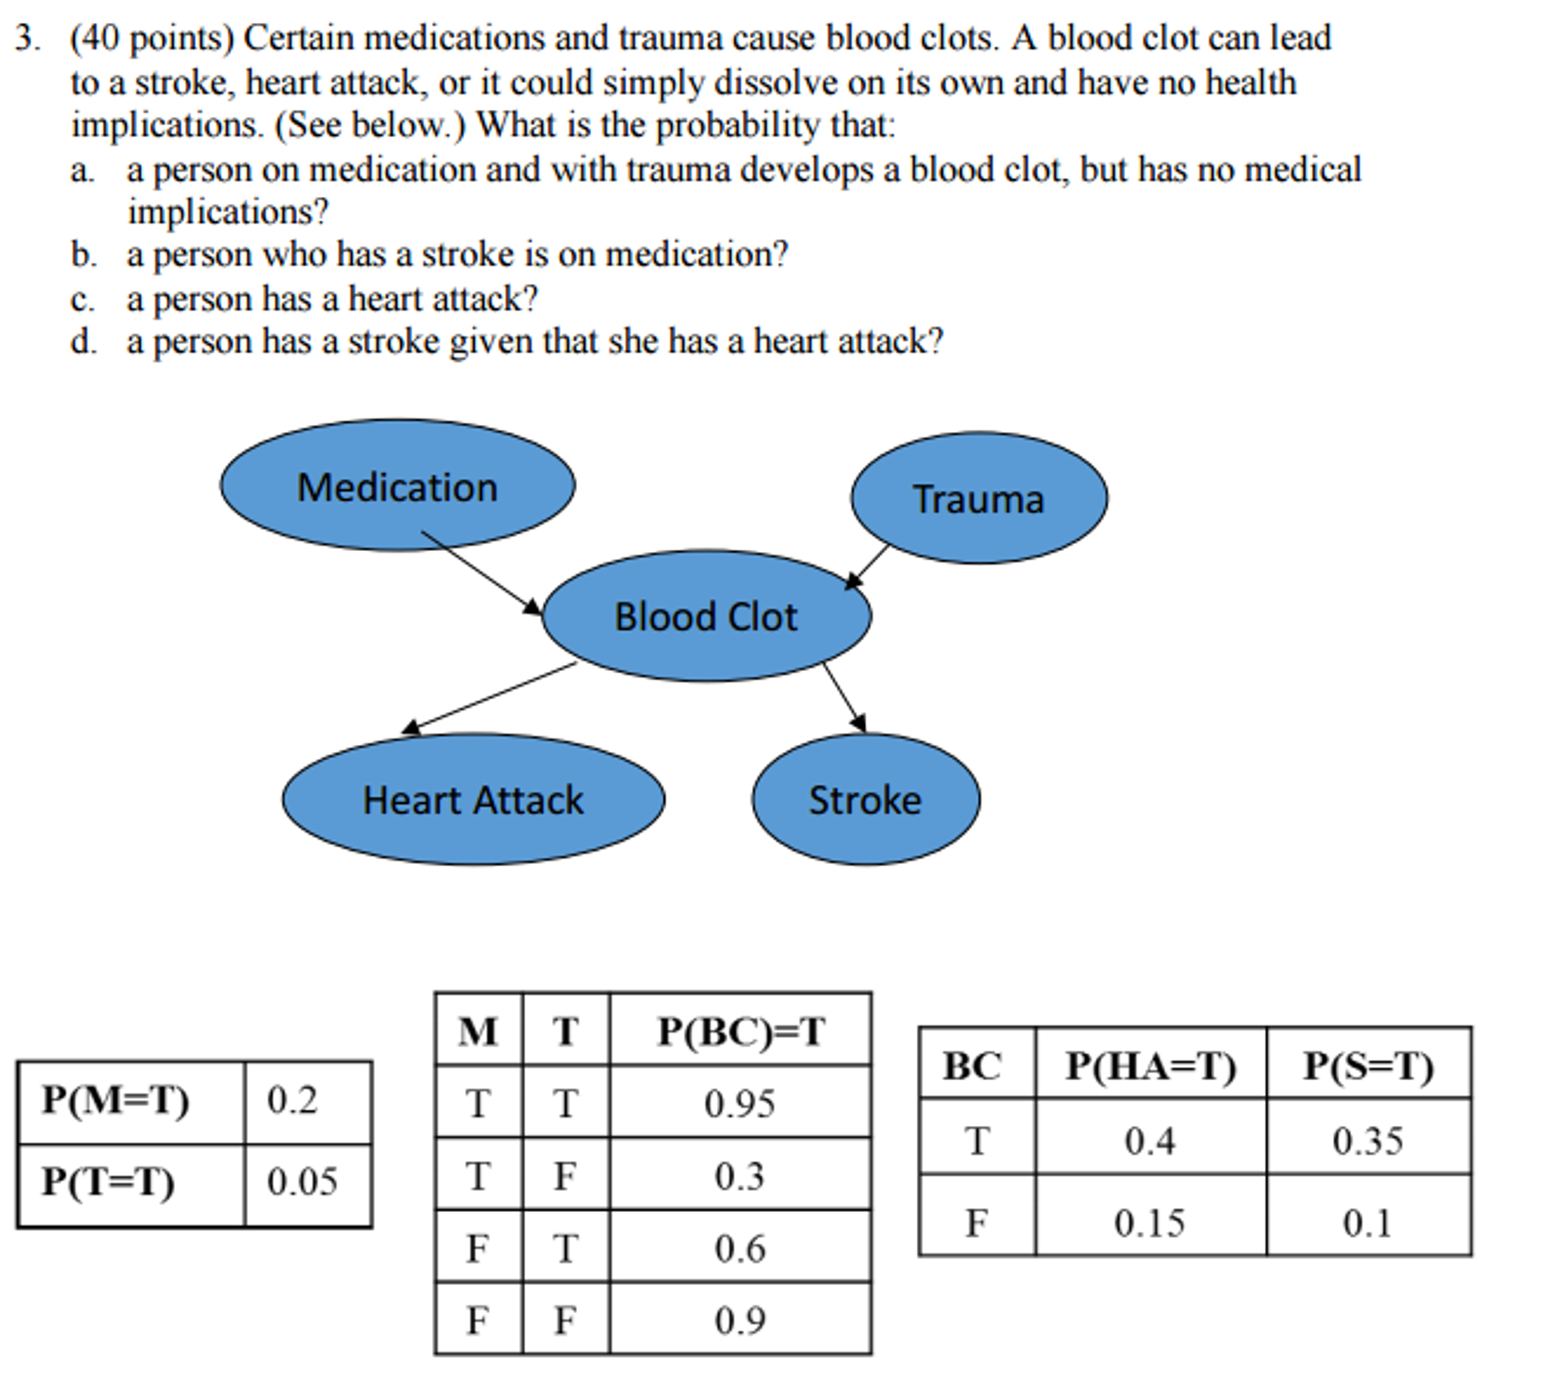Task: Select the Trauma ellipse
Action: pos(979,498)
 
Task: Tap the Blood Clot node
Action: pos(706,616)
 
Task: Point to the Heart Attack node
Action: pos(473,799)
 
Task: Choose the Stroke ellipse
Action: pos(866,799)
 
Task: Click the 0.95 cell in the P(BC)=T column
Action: pos(740,1104)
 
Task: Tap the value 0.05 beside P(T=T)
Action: pos(302,1182)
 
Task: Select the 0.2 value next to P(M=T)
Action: pos(292,1101)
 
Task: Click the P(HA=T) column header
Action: pos(1150,1066)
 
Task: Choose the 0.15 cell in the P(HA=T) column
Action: pos(1149,1223)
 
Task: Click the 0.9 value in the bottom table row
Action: pos(740,1321)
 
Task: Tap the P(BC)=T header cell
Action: pos(740,1031)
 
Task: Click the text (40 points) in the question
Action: pos(151,38)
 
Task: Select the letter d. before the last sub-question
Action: pos(84,341)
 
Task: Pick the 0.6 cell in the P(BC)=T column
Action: pos(740,1249)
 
